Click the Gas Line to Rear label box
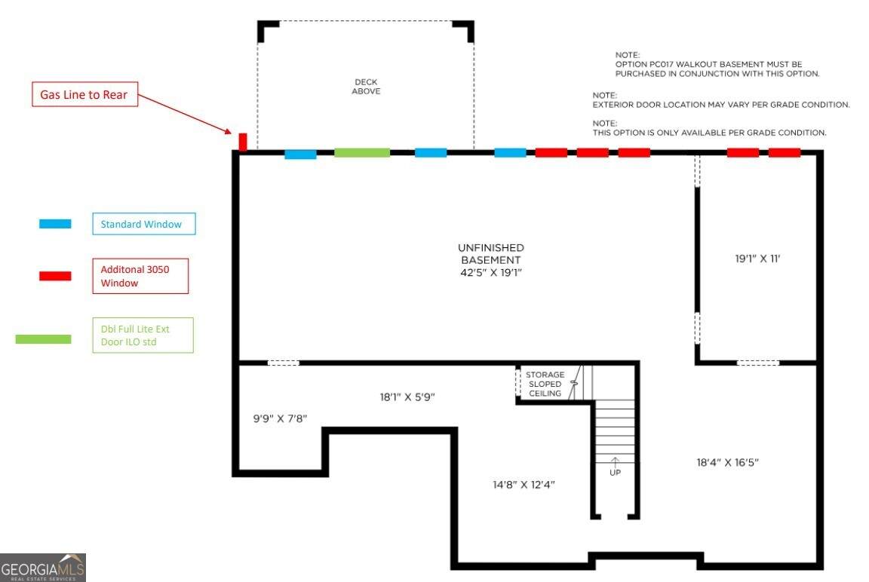(84, 95)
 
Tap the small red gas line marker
(242, 141)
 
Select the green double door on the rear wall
(362, 153)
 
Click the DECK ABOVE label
(366, 87)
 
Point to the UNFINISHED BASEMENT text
(491, 259)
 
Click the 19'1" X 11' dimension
(757, 259)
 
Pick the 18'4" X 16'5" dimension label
(728, 462)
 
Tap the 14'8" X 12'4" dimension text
(524, 485)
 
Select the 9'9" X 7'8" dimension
(280, 418)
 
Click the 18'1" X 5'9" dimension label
(407, 397)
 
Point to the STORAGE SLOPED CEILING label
(545, 384)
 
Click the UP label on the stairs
(616, 473)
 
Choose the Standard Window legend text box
(144, 224)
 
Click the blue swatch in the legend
(55, 224)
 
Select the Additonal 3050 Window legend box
(140, 276)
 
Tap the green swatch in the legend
(43, 339)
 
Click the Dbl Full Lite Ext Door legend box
(143, 335)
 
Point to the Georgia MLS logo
(43, 568)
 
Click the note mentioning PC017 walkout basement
(717, 64)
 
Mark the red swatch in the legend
(55, 276)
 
